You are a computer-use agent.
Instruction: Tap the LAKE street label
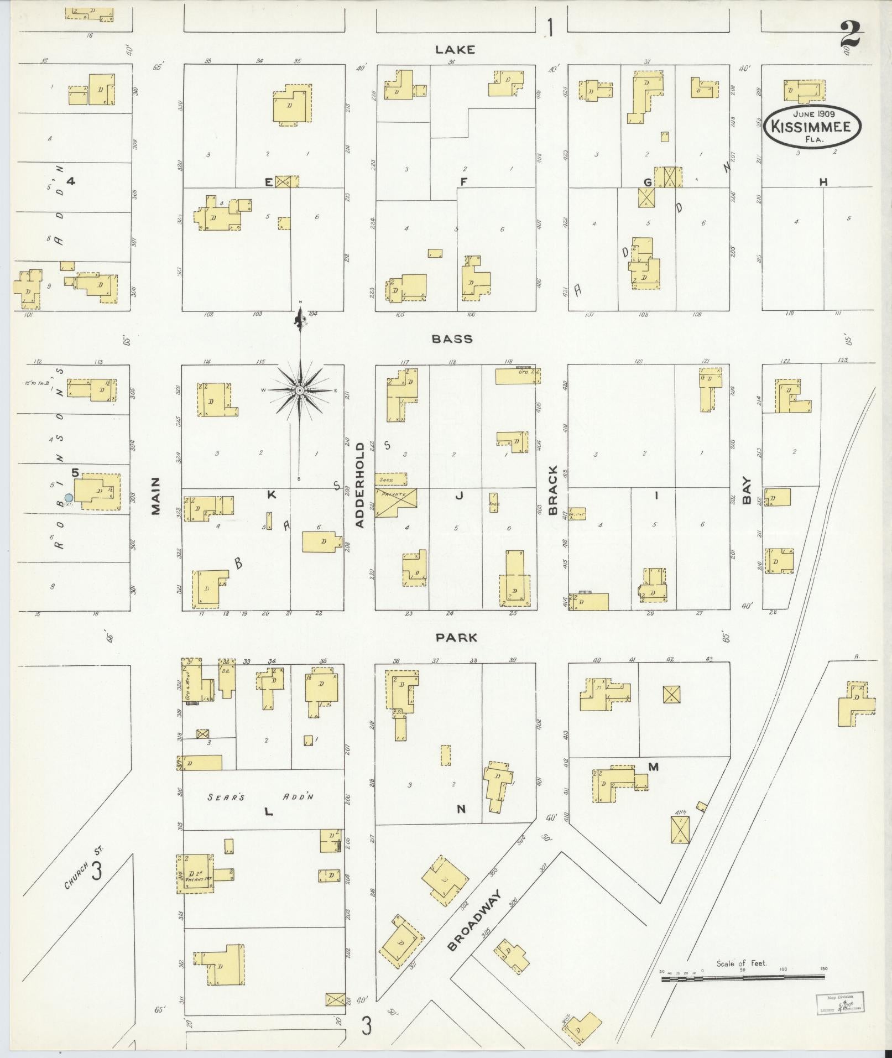(455, 50)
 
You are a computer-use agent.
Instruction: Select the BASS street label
(452, 338)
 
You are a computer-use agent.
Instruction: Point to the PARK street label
(456, 638)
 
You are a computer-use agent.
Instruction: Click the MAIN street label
(156, 496)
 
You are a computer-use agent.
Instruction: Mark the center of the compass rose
(299, 390)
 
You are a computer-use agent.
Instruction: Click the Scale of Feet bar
(743, 977)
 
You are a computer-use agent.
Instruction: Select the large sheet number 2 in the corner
(851, 35)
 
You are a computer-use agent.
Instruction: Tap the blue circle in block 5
(69, 498)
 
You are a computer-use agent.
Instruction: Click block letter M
(654, 767)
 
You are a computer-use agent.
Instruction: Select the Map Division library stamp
(839, 1003)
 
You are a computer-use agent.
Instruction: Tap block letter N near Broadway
(461, 809)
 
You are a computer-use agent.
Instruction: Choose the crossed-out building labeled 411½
(680, 845)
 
